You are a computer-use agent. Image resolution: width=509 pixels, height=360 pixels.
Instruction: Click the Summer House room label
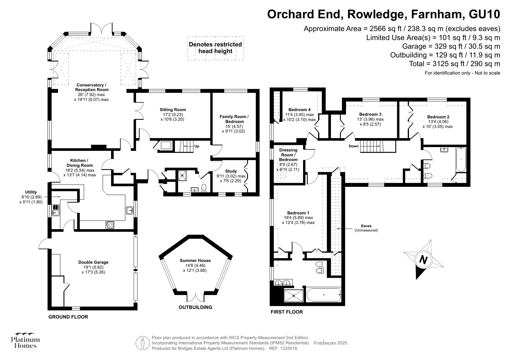(195, 260)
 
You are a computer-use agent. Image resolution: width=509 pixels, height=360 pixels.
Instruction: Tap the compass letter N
(423, 259)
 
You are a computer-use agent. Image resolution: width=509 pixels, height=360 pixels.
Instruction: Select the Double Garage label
(93, 262)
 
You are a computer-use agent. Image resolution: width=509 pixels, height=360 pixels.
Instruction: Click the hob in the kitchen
(110, 225)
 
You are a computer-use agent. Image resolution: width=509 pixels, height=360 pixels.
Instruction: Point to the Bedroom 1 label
(298, 213)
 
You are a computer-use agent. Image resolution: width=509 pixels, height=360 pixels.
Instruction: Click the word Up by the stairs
(197, 146)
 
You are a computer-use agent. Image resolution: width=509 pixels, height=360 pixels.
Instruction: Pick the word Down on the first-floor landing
(353, 146)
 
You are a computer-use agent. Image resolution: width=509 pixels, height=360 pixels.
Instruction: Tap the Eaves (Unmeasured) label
(366, 228)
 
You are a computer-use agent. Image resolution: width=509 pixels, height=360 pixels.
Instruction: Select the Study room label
(231, 171)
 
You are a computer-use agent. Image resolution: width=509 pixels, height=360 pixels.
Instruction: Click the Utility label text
(31, 192)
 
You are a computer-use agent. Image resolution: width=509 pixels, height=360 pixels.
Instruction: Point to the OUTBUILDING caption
(195, 307)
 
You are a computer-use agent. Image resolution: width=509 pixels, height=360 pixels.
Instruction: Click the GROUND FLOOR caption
(68, 317)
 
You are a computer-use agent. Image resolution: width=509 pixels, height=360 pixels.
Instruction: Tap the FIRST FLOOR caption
(286, 312)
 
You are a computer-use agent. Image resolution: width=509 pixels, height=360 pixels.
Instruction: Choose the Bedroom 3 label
(370, 114)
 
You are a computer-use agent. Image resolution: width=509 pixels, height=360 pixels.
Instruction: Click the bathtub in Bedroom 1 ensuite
(323, 295)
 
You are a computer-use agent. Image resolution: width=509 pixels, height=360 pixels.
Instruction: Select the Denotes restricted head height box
(216, 48)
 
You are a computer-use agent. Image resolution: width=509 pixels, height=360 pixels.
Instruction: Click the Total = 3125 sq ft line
(454, 64)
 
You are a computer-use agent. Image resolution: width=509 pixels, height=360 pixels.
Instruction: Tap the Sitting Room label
(173, 110)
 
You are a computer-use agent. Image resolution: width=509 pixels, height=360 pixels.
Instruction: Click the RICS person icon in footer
(143, 343)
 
